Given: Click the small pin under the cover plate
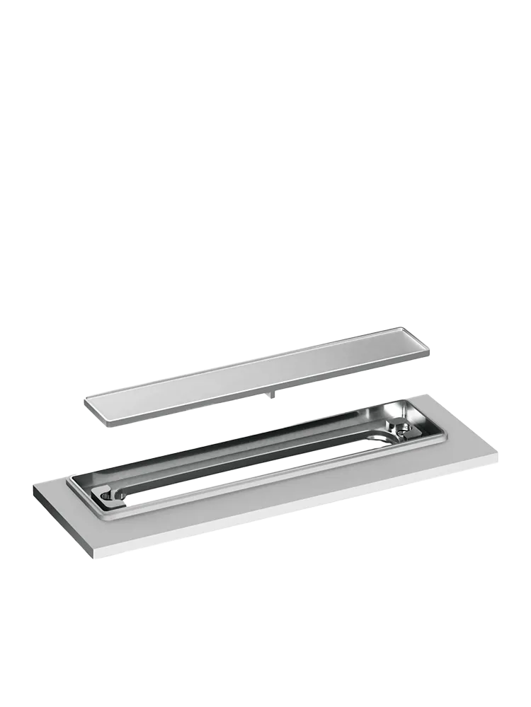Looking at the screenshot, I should click(x=270, y=395).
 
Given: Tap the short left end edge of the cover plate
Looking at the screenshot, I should click(x=95, y=409).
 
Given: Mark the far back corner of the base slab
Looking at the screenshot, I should click(x=427, y=393).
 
